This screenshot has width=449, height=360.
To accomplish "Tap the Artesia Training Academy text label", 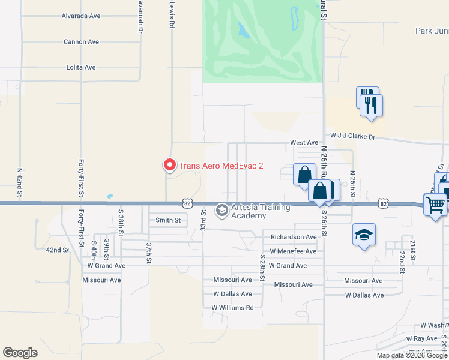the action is point(261,212).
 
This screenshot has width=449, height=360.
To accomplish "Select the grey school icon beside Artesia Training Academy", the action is point(222,209).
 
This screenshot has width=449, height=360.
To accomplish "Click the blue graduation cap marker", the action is point(363,235).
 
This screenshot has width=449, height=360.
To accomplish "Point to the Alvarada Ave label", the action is point(81,16).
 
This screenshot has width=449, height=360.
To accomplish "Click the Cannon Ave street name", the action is point(81,42).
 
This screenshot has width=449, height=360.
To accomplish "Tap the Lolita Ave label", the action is point(81,68).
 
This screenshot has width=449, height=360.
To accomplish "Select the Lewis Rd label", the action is point(172,15).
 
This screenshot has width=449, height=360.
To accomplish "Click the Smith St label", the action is point(168,220).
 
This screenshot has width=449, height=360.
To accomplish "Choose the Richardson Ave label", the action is point(294,237).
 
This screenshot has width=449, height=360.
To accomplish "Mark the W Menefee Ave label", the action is point(293,251).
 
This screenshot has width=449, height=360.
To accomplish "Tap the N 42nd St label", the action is point(20,183).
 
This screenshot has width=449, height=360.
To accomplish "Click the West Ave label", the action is point(304,143).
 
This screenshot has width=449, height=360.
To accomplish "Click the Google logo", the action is point(20,353).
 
